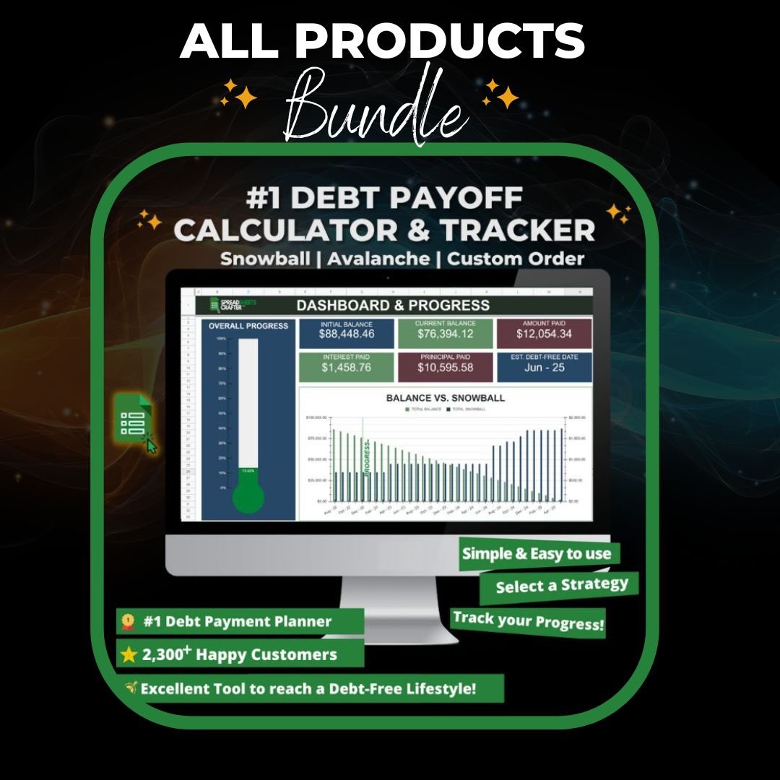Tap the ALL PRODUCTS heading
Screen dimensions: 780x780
pos(382,43)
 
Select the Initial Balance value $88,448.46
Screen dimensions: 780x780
pos(347,334)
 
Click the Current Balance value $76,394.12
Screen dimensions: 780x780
pos(446,334)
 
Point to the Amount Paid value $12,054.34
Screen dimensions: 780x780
pos(544,334)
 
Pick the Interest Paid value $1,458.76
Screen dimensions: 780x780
pos(347,368)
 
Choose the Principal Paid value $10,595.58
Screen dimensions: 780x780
pos(446,368)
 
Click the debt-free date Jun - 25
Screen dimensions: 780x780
pos(544,368)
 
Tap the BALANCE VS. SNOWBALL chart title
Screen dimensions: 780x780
pos(445,398)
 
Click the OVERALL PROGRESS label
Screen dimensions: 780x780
pos(248,326)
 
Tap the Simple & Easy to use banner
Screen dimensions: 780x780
pos(537,554)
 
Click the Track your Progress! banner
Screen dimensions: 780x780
pos(528,621)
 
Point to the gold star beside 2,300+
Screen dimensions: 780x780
pos(129,655)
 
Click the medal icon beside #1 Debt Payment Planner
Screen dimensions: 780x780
pos(128,620)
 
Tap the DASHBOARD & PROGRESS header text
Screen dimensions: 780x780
pos(393,305)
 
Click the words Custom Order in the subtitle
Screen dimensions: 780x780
pos(516,259)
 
